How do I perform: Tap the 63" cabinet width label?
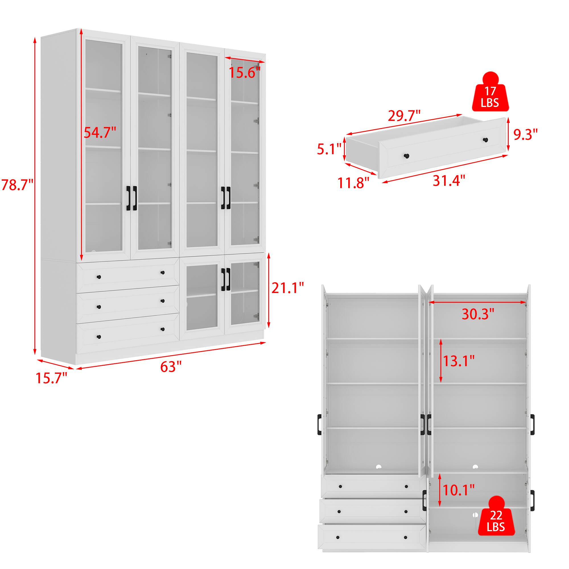[x=171, y=367]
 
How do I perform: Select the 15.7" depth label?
[x=51, y=378]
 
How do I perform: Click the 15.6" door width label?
[x=245, y=73]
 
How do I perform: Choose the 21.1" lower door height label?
[x=287, y=288]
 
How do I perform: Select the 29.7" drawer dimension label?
[x=404, y=116]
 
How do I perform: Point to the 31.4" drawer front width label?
[x=449, y=180]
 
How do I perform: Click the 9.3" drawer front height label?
[x=525, y=135]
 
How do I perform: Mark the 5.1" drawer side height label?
[x=329, y=149]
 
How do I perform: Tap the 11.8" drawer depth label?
[x=353, y=183]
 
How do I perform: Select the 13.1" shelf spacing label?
[x=459, y=360]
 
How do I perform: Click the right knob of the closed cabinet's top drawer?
[x=162, y=273]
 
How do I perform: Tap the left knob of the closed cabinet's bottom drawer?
[x=99, y=337]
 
